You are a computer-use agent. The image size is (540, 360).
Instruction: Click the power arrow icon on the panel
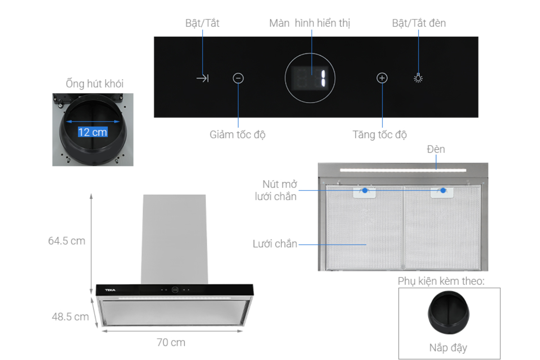203,78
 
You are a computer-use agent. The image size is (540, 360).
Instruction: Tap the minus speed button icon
238,78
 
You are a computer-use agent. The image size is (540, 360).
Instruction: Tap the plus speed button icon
382,78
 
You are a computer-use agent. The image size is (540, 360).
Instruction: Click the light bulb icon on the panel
418,78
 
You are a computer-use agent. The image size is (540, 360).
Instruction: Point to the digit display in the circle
310,78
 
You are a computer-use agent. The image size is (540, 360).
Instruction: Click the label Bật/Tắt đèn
419,23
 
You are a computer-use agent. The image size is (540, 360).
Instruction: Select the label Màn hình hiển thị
309,23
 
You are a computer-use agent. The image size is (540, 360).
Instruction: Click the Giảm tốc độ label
238,135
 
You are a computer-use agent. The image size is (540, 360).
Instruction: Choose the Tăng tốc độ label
379,135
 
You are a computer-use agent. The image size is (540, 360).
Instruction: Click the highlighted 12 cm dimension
93,132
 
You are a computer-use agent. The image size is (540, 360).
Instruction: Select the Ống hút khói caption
94,84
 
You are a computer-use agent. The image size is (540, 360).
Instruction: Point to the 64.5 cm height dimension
67,241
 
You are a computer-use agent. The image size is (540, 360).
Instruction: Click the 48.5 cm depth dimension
70,317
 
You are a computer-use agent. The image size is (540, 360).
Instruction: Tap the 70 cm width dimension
171,342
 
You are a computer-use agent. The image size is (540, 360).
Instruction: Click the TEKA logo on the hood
110,290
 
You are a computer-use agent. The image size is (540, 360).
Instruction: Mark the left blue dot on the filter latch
365,190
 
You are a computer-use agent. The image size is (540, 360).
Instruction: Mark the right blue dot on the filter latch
443,190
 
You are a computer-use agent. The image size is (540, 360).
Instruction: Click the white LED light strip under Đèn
403,170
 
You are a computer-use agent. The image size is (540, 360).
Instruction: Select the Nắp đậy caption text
448,348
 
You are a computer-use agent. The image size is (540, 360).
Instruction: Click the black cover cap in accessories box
448,312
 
